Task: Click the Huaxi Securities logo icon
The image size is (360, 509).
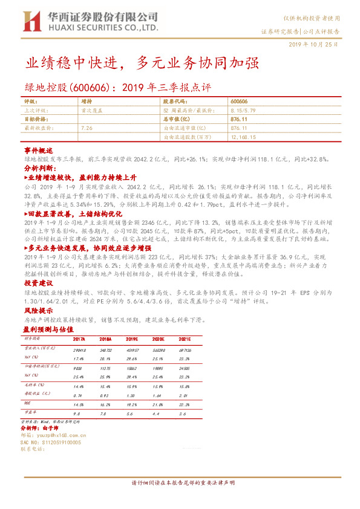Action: (x=31, y=22)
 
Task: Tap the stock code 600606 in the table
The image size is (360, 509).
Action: (x=240, y=102)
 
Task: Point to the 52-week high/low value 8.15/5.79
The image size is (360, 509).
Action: (x=244, y=111)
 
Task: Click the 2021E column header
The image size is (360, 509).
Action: (x=183, y=339)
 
